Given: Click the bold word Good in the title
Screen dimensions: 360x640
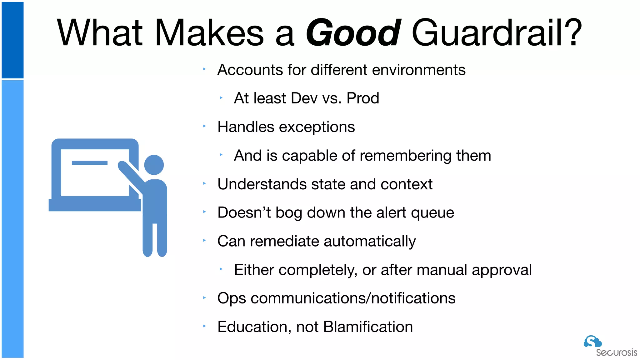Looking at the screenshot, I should pos(353,33).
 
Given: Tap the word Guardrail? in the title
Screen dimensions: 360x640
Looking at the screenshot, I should pos(497,33).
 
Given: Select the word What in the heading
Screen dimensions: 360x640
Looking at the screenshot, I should pos(100,33).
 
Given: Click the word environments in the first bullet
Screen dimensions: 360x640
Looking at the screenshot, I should pos(419,70).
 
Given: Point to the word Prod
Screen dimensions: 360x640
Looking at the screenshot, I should pos(363,98).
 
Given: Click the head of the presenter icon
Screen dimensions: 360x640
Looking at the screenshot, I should pos(154,165).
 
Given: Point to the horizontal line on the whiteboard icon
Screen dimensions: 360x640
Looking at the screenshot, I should pos(90,163).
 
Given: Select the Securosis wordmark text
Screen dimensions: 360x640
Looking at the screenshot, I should pos(616,353).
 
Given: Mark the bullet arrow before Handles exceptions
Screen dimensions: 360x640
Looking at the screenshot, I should pos(204,126).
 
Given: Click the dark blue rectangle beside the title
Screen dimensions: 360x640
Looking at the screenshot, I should pos(12,40).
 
